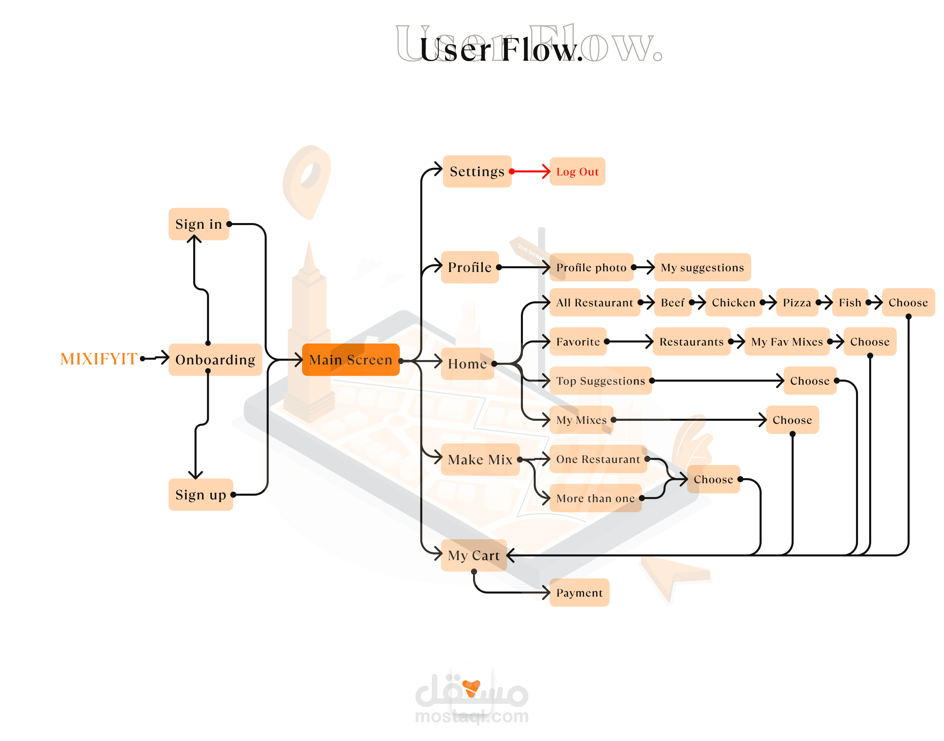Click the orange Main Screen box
(350, 360)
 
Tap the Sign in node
(199, 224)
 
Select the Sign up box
(201, 495)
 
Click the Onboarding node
(215, 360)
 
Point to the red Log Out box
(577, 172)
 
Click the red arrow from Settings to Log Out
(531, 172)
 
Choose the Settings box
(477, 171)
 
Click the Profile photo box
(591, 267)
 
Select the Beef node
(672, 302)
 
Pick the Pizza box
(797, 302)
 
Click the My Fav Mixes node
(787, 341)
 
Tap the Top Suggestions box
(600, 381)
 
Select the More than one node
(595, 498)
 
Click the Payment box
(579, 593)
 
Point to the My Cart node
(473, 555)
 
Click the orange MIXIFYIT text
(99, 359)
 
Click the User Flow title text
(501, 49)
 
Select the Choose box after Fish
(908, 302)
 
